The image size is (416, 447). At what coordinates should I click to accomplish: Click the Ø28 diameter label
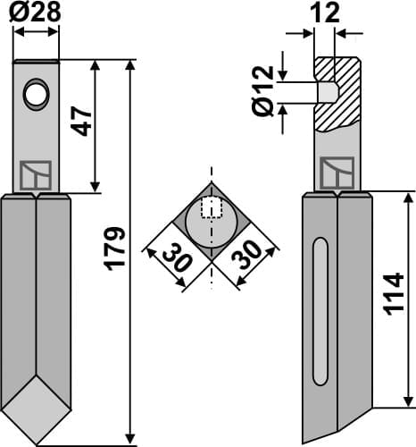pyautogui.click(x=36, y=12)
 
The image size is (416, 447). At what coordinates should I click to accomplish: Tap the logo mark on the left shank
pyautogui.click(x=37, y=175)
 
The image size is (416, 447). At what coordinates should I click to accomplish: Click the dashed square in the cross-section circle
pyautogui.click(x=211, y=207)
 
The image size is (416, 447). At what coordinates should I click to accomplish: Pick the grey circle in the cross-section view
pyautogui.click(x=211, y=223)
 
